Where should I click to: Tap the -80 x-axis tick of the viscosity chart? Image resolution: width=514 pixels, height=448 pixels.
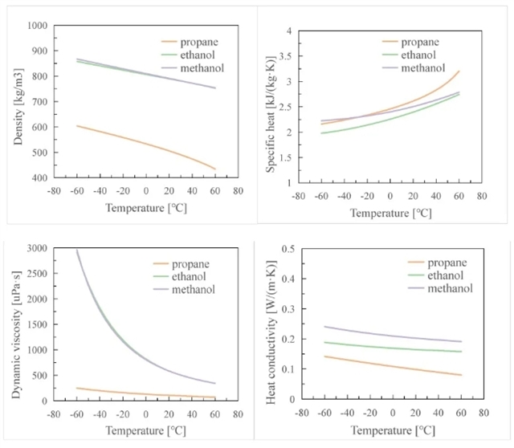53,415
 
